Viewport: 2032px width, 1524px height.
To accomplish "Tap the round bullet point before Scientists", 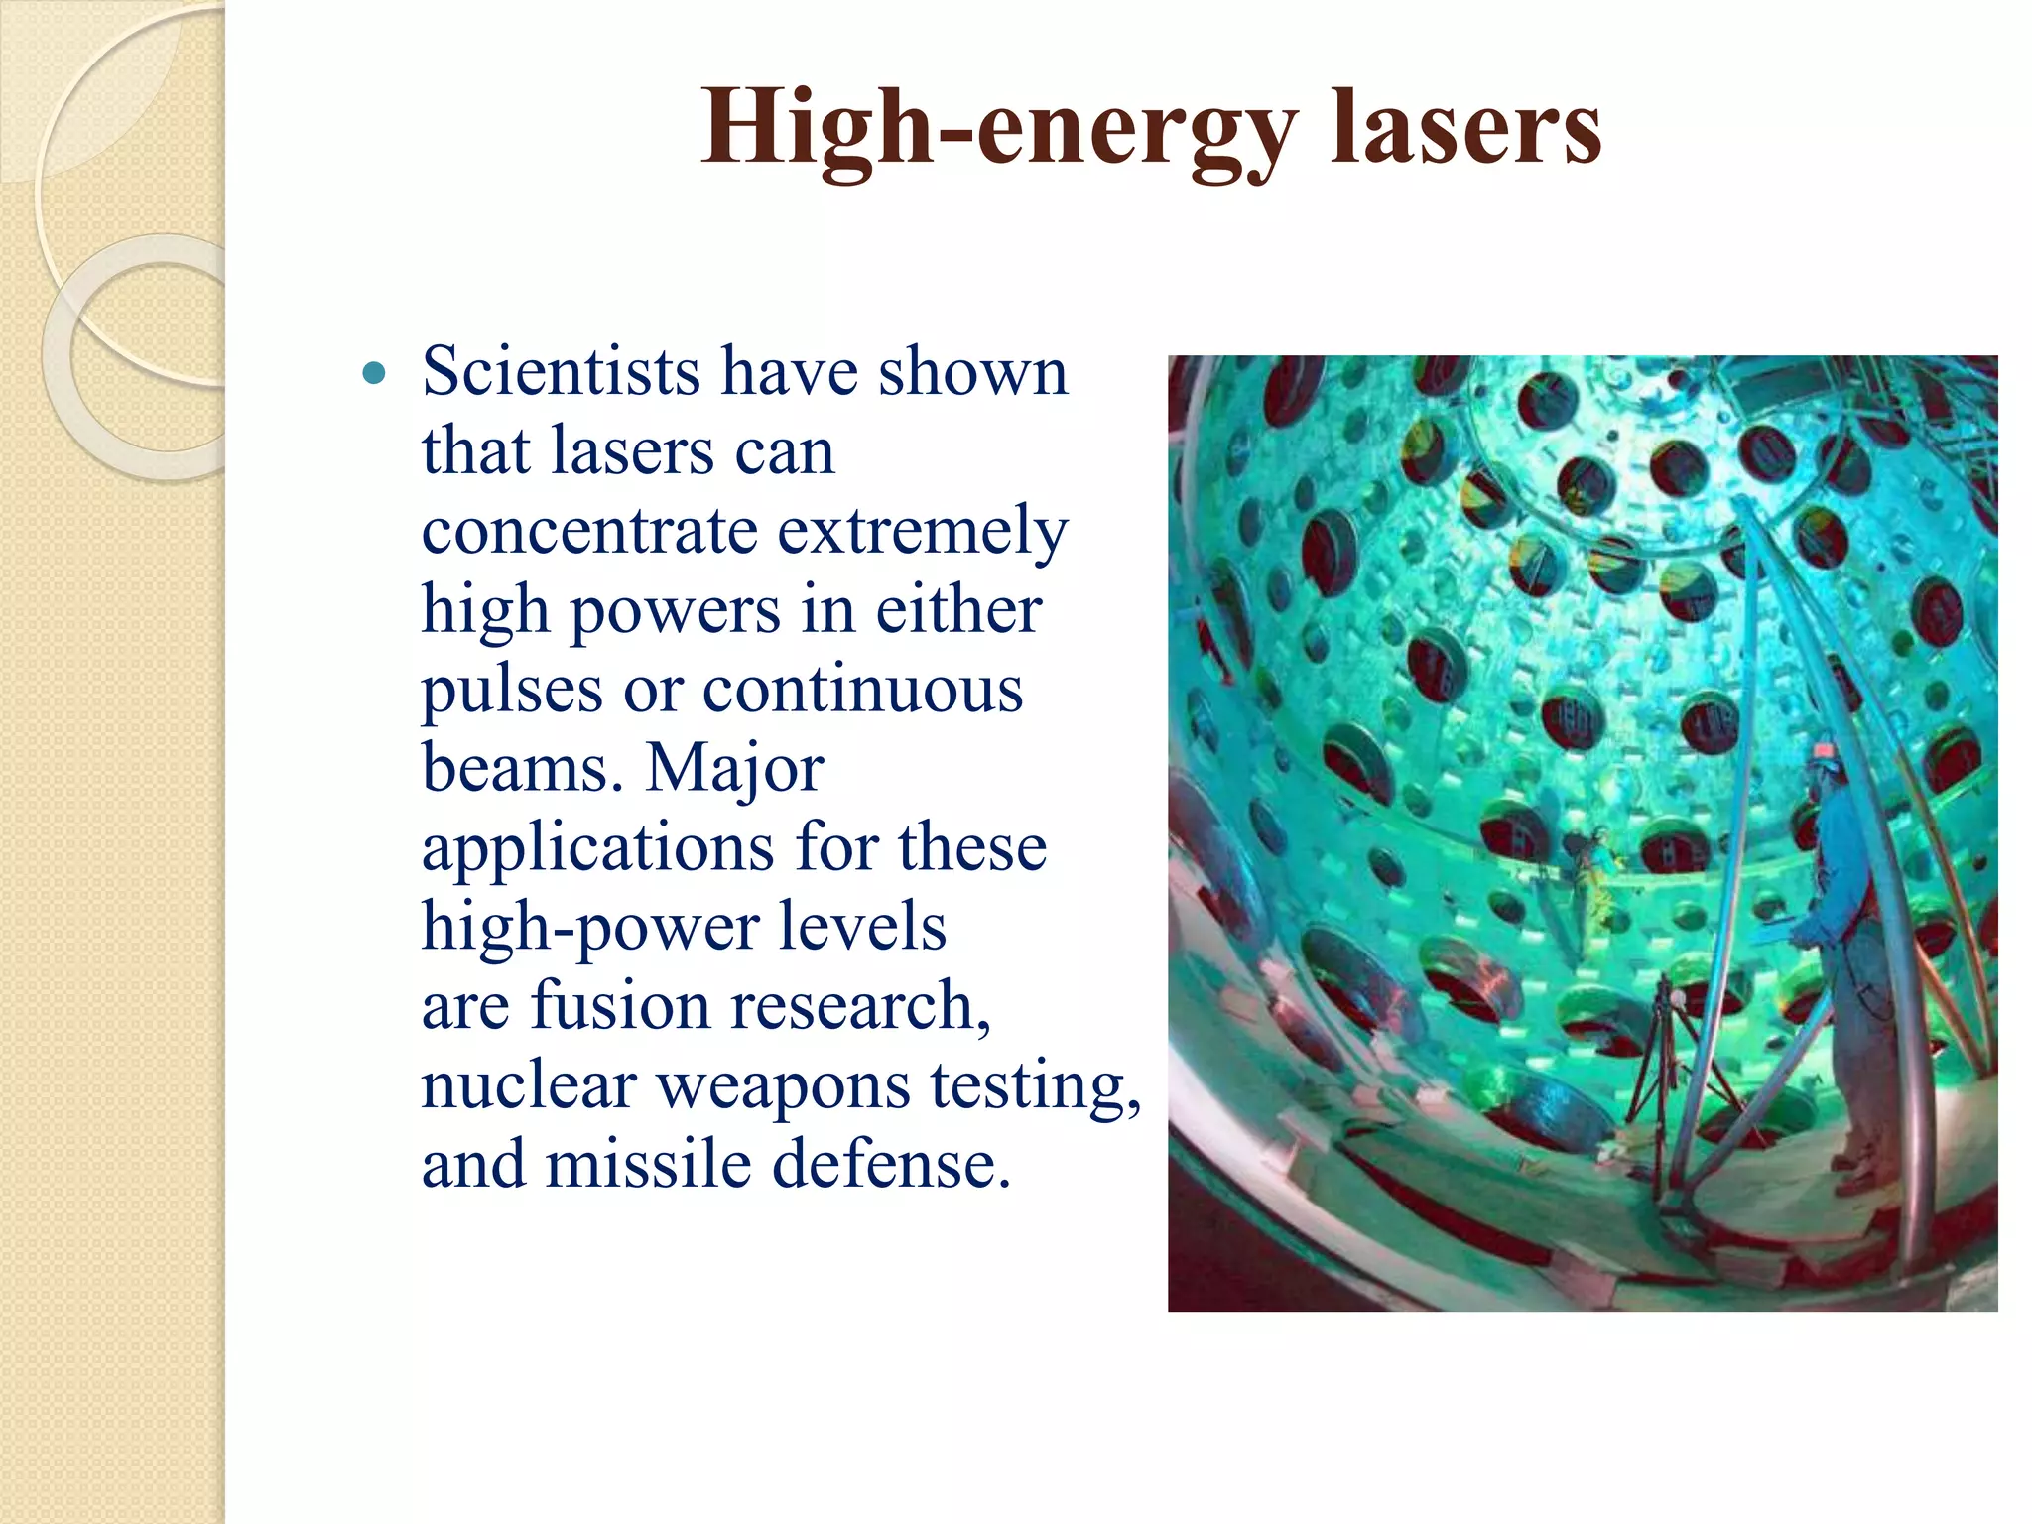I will [373, 374].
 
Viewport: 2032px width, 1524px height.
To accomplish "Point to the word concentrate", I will [589, 531].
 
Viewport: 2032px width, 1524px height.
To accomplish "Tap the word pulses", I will [511, 691].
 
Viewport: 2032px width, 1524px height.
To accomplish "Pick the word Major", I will [734, 769].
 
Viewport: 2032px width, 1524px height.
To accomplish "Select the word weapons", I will [784, 1086].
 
